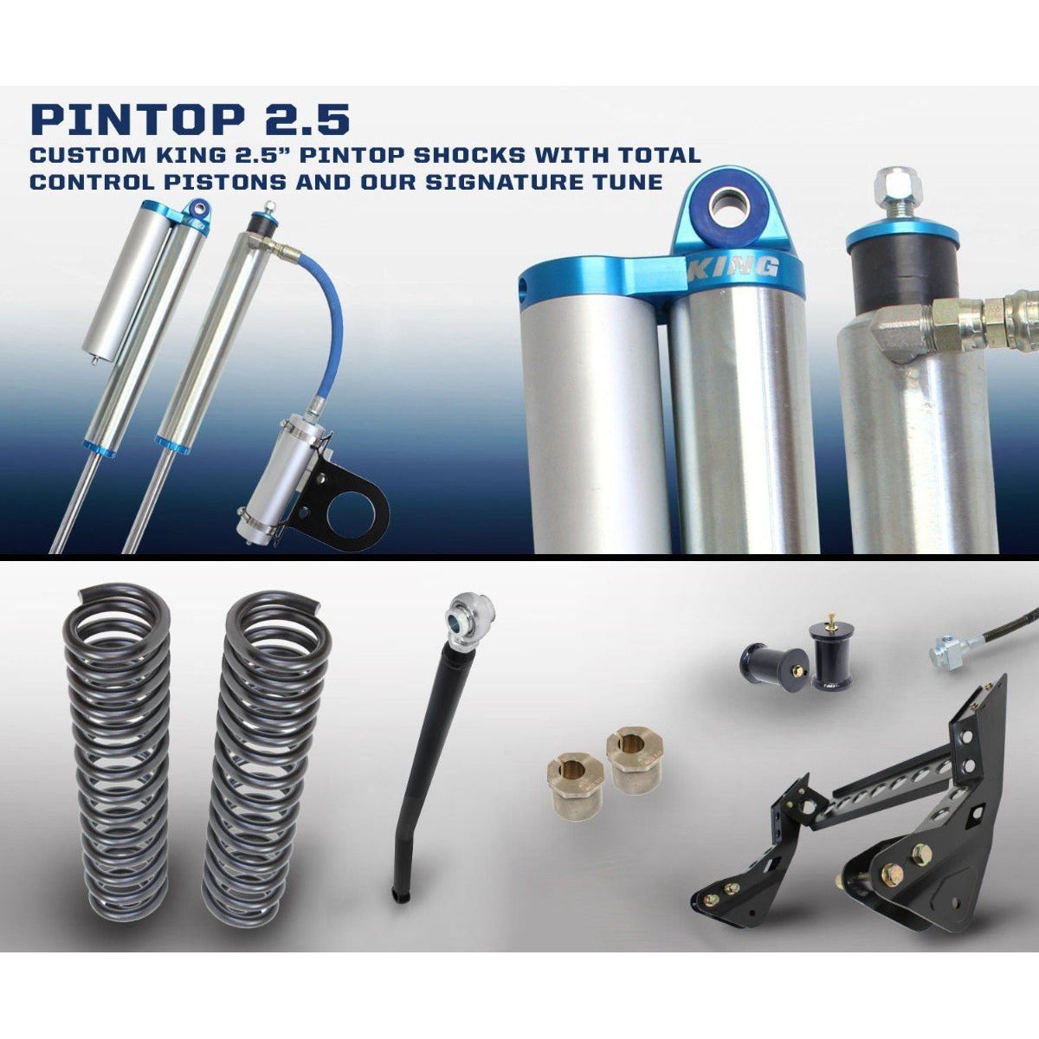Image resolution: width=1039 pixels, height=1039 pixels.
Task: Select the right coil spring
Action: tap(268, 753)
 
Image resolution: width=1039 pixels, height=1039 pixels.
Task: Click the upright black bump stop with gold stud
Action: tap(829, 658)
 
